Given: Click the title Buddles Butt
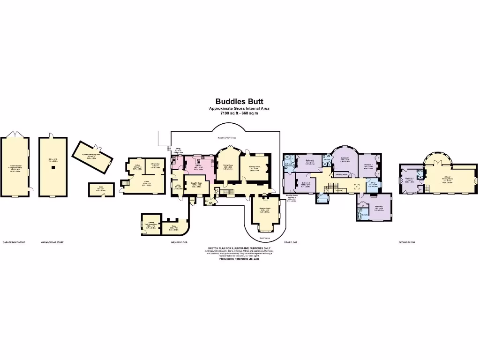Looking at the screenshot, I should pyautogui.click(x=239, y=101).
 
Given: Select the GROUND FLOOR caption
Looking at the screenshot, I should pyautogui.click(x=180, y=242).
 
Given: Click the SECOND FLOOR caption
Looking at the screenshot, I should pyautogui.click(x=406, y=242).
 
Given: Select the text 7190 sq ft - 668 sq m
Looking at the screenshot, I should pyautogui.click(x=239, y=113).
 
